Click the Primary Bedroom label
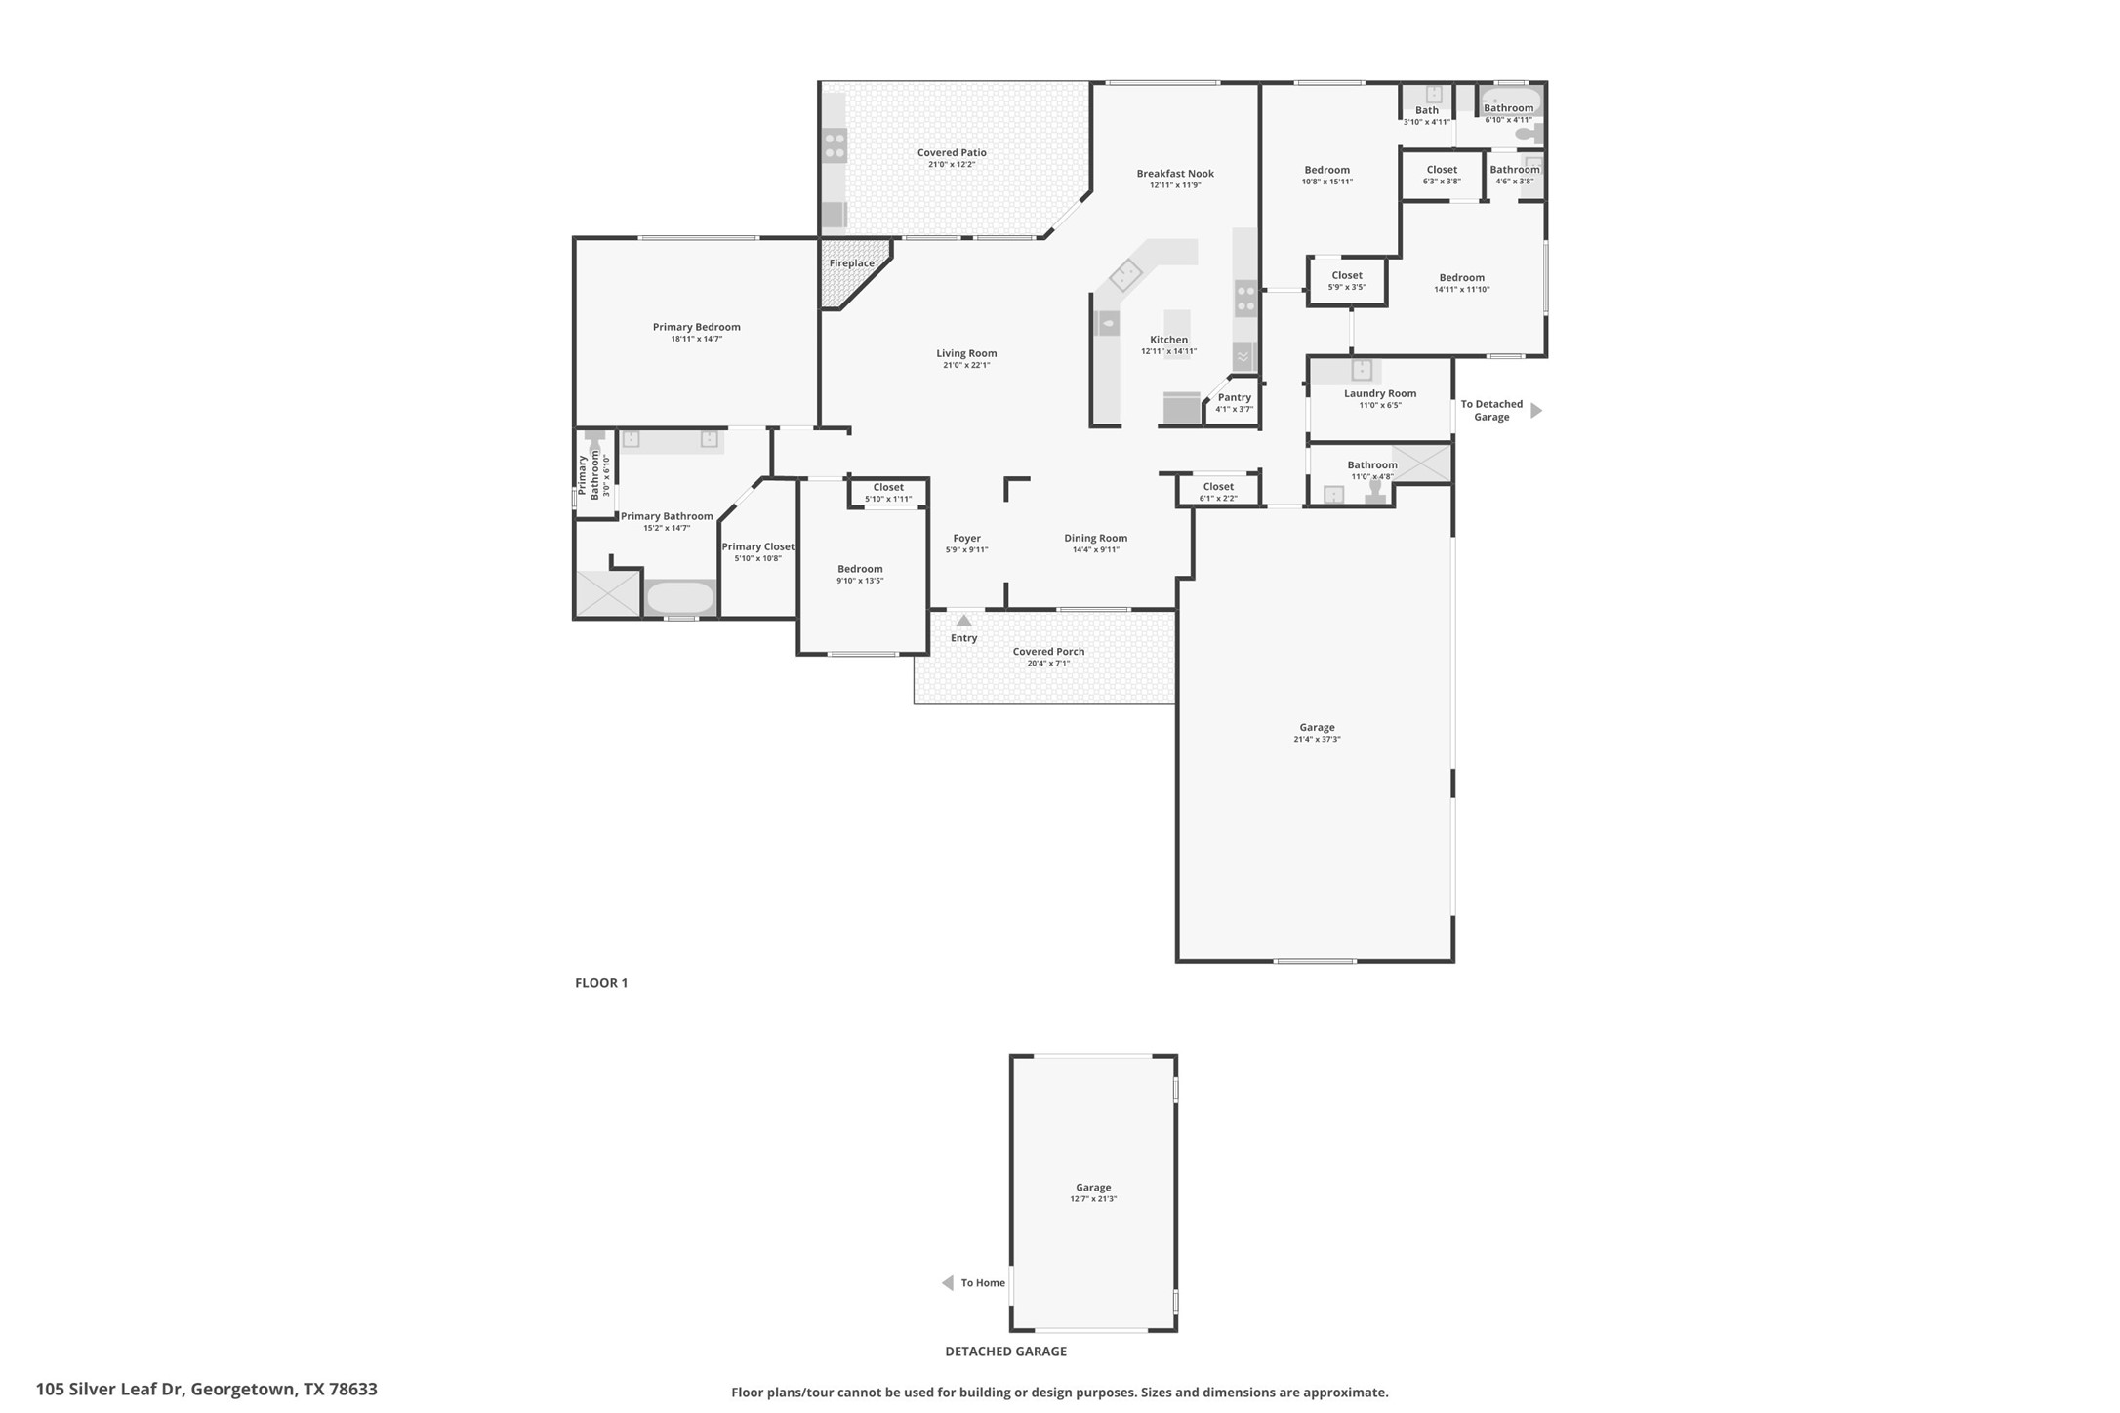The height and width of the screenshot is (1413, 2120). coord(696,327)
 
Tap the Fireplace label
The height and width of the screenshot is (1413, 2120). coord(851,263)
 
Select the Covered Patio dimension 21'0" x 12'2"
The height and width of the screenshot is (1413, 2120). coord(951,165)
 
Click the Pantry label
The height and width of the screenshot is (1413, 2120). coord(1234,397)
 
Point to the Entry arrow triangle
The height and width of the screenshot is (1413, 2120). coord(963,621)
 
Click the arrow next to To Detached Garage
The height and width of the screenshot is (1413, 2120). coord(1535,411)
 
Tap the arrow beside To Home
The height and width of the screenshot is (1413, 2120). coord(947,1283)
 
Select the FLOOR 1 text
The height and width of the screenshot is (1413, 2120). coord(600,983)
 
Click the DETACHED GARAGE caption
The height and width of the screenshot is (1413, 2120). coord(1004,1352)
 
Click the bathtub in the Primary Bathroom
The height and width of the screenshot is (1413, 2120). coord(680,597)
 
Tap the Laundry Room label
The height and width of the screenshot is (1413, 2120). coord(1379,393)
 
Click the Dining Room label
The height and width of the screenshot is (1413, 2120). coord(1095,538)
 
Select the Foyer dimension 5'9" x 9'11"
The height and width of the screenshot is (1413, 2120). coord(966,550)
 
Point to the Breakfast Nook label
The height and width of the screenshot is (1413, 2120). coord(1174,174)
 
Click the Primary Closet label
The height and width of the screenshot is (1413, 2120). coord(757,546)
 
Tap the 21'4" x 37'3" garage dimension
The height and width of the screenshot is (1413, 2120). coord(1316,740)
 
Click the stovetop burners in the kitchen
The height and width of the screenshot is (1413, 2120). coord(1245,299)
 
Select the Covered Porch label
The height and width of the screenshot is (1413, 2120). coord(1048,651)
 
